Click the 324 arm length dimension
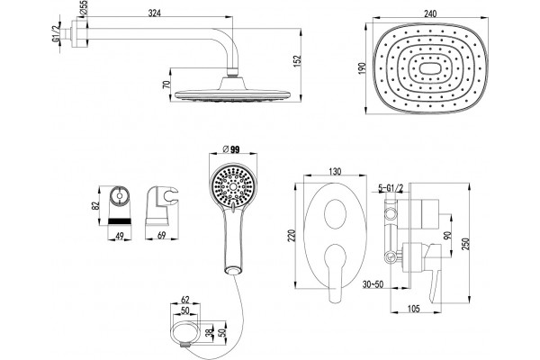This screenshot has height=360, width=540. (155, 13)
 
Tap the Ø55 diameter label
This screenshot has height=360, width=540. (84, 8)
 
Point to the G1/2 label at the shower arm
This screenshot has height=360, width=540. (56, 34)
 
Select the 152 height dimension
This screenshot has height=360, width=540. (298, 60)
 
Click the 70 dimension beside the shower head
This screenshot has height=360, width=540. (166, 85)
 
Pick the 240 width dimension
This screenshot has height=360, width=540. (430, 13)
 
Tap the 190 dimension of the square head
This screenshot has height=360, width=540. (361, 69)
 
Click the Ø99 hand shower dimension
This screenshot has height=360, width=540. (232, 149)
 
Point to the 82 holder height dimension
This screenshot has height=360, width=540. (95, 205)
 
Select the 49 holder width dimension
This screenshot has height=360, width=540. (120, 236)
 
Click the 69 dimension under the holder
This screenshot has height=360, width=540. (161, 235)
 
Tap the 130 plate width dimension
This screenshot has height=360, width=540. (335, 171)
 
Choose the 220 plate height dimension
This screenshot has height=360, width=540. (292, 236)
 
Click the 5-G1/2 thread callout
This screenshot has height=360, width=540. (391, 188)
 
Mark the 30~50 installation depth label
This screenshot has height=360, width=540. (373, 284)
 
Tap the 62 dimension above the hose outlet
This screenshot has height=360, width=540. (184, 300)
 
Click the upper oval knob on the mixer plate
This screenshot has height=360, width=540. (335, 214)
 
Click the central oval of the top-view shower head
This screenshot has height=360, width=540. (429, 69)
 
